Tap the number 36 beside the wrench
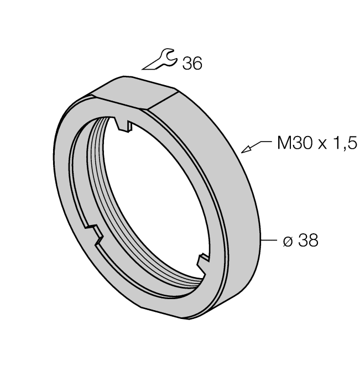[x=192, y=64]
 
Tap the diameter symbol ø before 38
[x=288, y=241]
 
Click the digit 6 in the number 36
[x=197, y=64]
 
